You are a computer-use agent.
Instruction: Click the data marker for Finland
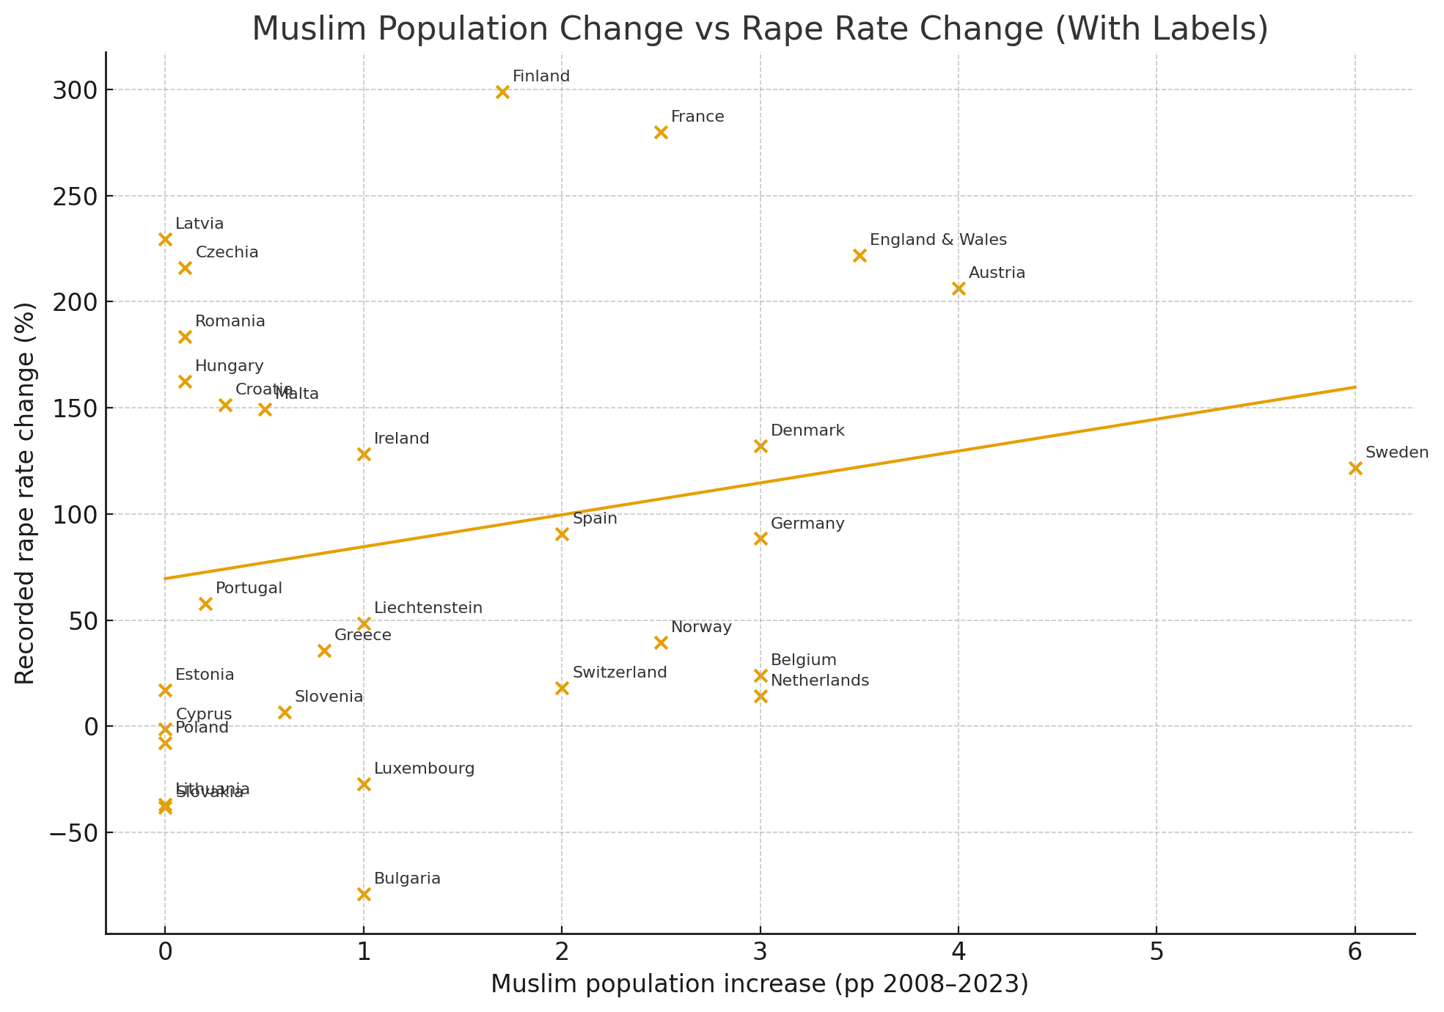coord(502,92)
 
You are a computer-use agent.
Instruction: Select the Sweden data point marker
coord(1355,468)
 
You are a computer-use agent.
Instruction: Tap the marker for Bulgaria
coord(364,894)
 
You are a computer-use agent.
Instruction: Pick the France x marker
coord(661,132)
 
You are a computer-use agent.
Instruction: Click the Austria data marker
coord(959,289)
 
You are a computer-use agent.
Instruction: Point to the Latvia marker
coord(165,239)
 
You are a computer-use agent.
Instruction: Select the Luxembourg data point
coord(364,784)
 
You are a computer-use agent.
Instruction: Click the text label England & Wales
coord(938,240)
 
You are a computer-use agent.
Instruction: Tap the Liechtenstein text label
coord(428,608)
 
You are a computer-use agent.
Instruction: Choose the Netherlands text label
coord(820,681)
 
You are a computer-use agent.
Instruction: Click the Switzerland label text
coord(620,672)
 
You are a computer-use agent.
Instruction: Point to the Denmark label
coord(807,430)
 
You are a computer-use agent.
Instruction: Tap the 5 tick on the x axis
coord(1157,951)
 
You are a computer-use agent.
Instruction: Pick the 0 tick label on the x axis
coord(165,951)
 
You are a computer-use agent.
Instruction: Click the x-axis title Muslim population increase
coord(759,984)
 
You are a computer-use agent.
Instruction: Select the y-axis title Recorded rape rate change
coord(25,493)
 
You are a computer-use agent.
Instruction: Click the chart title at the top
coord(760,29)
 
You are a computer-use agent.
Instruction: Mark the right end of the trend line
coord(1354,387)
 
